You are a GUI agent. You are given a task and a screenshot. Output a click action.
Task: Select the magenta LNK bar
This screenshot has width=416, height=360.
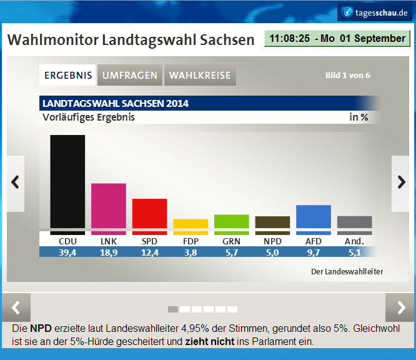[109, 206]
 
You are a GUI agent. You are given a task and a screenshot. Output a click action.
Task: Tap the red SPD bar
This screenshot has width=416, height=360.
[149, 213]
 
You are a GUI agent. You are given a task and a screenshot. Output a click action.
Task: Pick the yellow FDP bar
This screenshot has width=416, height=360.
[191, 223]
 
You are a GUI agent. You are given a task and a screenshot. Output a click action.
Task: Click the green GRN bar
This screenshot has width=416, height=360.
[231, 221]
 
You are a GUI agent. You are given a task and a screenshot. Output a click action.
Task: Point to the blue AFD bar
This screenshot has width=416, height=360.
[313, 216]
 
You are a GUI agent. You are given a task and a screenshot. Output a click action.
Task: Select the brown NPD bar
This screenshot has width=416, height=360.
[272, 222]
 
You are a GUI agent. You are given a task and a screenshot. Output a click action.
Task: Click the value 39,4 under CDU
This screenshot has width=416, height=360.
[67, 251]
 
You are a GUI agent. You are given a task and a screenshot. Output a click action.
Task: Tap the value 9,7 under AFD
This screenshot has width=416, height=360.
[313, 251]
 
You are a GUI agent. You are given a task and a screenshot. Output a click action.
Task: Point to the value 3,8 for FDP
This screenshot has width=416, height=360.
[191, 251]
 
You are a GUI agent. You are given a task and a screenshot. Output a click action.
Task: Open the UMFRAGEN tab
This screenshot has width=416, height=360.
[130, 76]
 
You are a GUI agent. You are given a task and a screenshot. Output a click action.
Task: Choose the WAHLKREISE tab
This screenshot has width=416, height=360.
[200, 76]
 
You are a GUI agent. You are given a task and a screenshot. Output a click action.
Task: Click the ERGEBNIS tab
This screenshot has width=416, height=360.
[68, 76]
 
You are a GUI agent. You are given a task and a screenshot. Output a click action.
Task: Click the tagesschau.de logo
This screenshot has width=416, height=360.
[375, 12]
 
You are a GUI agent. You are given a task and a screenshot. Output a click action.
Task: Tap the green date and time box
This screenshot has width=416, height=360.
[337, 38]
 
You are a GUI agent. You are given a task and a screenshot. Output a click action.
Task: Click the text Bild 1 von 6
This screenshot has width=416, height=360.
[347, 76]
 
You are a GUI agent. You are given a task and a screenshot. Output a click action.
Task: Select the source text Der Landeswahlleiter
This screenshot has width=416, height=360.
[347, 271]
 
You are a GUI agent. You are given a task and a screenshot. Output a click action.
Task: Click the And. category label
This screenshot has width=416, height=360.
[354, 241]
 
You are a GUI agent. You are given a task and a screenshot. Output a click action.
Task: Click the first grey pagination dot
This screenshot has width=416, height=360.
[173, 309]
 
